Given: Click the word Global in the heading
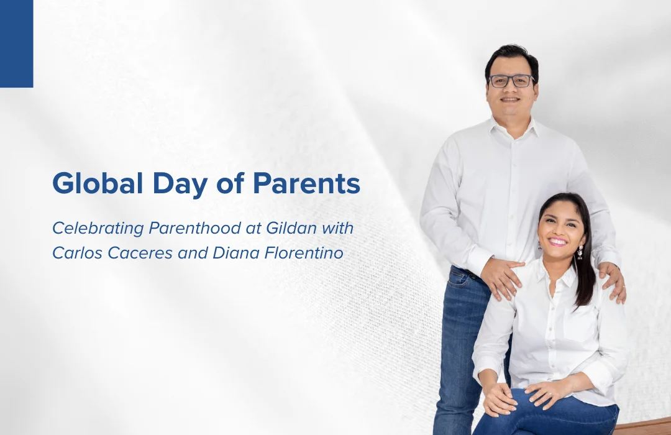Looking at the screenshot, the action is (x=98, y=183).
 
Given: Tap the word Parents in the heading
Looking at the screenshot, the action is (x=306, y=183).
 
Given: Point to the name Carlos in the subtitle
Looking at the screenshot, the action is (x=78, y=252).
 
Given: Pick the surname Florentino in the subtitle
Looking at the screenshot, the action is (x=304, y=252).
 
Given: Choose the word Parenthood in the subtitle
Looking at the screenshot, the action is (x=194, y=228).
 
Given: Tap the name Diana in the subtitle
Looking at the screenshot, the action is (x=236, y=252).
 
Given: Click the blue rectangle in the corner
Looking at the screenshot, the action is (x=17, y=43).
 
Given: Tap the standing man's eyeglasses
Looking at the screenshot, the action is (x=511, y=81).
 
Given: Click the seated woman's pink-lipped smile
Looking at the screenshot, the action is (x=557, y=242).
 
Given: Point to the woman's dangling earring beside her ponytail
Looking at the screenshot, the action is (x=580, y=252).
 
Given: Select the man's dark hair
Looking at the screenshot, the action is (x=511, y=58).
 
